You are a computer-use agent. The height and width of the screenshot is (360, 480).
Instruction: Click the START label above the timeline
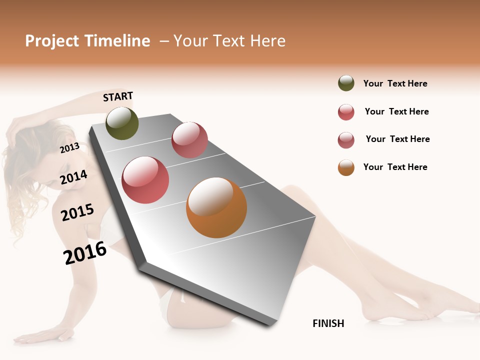tap(118, 96)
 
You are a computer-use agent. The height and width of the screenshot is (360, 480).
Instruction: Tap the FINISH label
tap(328, 323)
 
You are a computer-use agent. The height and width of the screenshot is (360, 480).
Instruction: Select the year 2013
tap(69, 147)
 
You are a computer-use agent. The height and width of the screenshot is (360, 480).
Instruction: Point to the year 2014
tap(74, 177)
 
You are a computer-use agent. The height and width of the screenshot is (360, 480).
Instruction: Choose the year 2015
tap(77, 212)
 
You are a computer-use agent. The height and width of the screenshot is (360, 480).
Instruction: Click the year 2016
tap(85, 253)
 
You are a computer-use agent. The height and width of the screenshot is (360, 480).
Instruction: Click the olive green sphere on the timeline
tap(122, 123)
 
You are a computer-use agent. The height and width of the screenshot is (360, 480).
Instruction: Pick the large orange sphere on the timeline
tap(216, 207)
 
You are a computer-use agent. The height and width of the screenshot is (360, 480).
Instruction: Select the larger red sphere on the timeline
tap(145, 180)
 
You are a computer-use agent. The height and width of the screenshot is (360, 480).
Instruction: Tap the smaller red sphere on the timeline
tap(189, 140)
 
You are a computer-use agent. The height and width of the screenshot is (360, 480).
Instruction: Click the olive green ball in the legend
tap(346, 83)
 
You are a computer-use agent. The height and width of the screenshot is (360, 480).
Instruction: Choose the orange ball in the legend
tap(346, 167)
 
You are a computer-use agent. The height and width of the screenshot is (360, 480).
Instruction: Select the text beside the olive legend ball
tap(395, 83)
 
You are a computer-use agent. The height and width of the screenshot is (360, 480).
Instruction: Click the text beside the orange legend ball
tap(395, 167)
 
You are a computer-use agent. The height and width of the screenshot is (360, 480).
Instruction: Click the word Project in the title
tap(52, 41)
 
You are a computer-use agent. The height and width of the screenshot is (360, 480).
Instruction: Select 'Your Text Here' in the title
tap(229, 41)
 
